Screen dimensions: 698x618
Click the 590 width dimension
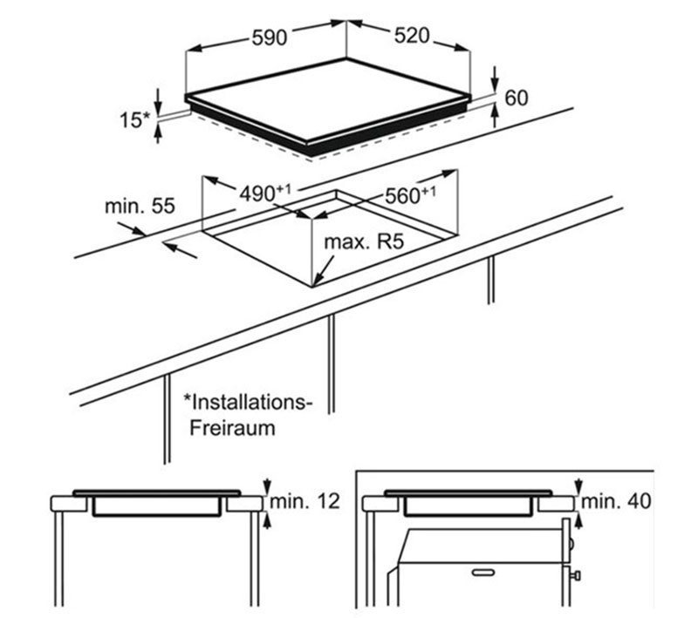tap(270, 37)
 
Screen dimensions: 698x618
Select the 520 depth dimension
tap(412, 36)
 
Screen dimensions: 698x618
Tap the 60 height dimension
tap(517, 98)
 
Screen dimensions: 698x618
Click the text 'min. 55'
tap(140, 207)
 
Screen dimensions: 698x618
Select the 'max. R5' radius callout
tap(364, 241)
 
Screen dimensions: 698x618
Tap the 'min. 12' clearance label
tap(305, 501)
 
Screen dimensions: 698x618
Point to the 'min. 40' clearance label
tap(616, 501)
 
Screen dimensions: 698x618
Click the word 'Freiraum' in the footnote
tap(232, 428)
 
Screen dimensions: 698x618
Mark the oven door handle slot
tap(483, 572)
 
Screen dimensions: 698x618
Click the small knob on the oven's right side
tap(578, 576)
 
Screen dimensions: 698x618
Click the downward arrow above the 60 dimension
tap(495, 79)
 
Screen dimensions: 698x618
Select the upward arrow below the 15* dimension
tap(158, 132)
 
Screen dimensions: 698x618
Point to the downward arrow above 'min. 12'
tap(267, 486)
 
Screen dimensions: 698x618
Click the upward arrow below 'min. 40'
tap(578, 520)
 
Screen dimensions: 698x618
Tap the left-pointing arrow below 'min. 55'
tap(180, 249)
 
